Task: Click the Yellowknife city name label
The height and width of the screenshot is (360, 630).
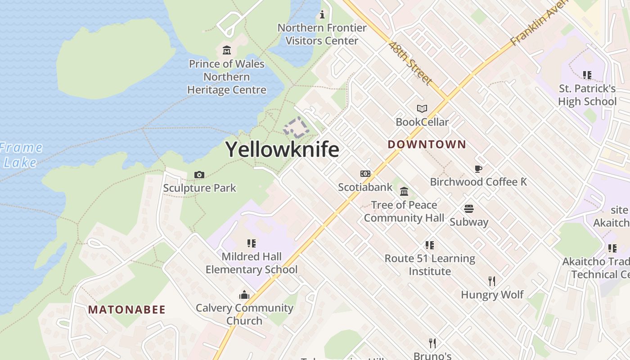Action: point(282,149)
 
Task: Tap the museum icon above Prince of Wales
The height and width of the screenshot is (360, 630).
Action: point(226,50)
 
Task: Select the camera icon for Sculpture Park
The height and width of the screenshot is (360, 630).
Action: point(199,175)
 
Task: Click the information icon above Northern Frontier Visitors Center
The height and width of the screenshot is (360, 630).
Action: point(322,14)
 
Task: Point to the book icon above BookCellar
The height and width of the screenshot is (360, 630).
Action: point(422,108)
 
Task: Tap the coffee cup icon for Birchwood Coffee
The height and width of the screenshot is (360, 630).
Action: point(478,169)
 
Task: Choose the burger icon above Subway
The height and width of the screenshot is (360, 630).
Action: point(469,209)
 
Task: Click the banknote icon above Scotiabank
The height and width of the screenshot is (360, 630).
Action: point(365,174)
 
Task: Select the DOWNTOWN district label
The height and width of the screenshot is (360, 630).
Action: point(427,144)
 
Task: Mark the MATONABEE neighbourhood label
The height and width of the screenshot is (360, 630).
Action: point(127,310)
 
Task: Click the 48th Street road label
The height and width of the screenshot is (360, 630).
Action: point(410,63)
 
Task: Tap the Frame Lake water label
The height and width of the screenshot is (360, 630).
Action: point(20,155)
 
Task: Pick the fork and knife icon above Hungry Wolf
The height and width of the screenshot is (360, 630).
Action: point(492,281)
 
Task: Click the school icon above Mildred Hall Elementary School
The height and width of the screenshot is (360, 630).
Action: point(252,243)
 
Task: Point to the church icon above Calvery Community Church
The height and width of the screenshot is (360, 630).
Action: point(244,295)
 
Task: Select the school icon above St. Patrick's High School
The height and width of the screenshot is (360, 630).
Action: point(587,75)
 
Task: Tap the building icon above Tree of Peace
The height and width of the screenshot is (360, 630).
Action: point(404,192)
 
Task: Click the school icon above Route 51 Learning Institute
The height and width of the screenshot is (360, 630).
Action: point(430,245)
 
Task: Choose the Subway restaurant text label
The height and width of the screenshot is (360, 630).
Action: point(469,222)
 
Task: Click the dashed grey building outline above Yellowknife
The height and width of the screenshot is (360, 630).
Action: point(296,128)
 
